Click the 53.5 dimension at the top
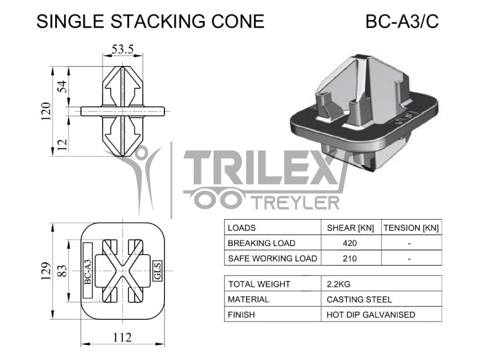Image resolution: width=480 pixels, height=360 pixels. point(122,49)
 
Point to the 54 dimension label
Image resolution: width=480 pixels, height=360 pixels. point(62,88)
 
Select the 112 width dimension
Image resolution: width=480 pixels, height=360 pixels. point(122,337)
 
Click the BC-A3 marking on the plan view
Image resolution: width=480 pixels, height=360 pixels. point(88,271)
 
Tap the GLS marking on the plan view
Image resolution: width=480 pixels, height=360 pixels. point(158,271)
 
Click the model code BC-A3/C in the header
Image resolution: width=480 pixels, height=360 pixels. point(402,22)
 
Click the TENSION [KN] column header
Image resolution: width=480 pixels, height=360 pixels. point(411,228)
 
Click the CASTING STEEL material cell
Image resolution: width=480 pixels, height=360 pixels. point(359,299)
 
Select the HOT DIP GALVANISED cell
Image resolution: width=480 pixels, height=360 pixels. point(370,314)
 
